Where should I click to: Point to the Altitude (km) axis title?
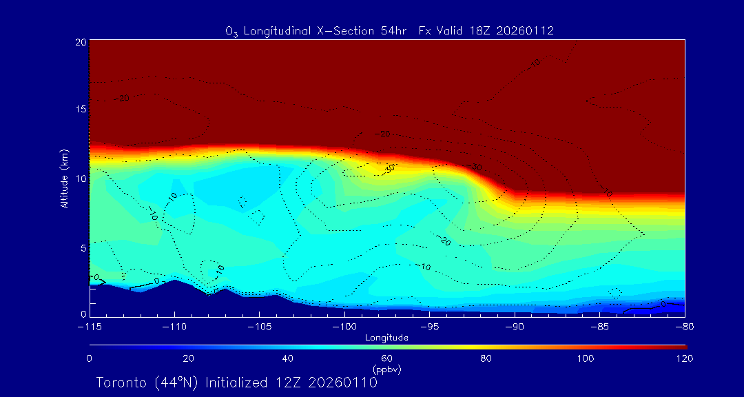64,179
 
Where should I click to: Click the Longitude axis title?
386,338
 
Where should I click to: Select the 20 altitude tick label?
79,42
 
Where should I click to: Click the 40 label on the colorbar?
288,358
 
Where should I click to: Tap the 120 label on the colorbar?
685,358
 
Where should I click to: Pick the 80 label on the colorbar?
486,358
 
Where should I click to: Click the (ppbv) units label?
387,369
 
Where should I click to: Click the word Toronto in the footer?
121,383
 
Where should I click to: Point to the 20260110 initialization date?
343,383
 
